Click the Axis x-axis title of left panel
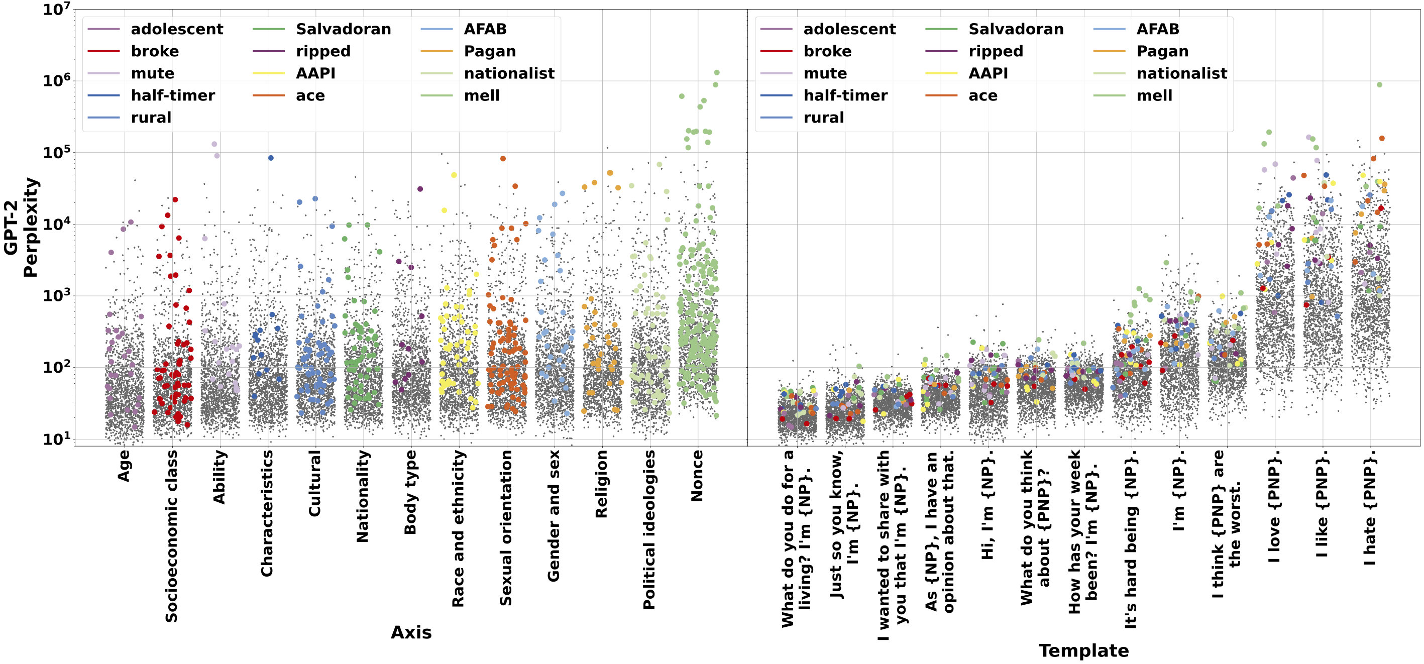pyautogui.click(x=411, y=632)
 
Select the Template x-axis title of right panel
pyautogui.click(x=1083, y=651)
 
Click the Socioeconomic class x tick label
pyautogui.click(x=172, y=536)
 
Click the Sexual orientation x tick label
pyautogui.click(x=506, y=527)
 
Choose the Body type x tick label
pyautogui.click(x=410, y=492)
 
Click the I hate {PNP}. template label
pyautogui.click(x=1370, y=507)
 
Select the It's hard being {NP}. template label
pyautogui.click(x=1131, y=539)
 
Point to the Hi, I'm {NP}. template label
pyautogui.click(x=988, y=504)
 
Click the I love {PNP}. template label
pyautogui.click(x=1274, y=506)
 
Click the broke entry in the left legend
pyautogui.click(x=155, y=51)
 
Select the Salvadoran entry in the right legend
pyautogui.click(x=1016, y=29)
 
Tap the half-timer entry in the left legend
pyautogui.click(x=172, y=95)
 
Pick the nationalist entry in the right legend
pyautogui.click(x=1181, y=73)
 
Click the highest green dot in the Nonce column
pyautogui.click(x=716, y=72)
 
